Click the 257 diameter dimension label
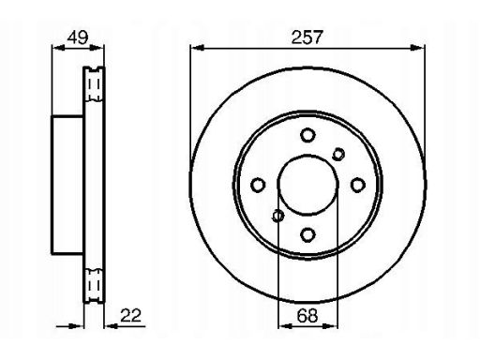click(x=307, y=37)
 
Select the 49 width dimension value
click(x=78, y=37)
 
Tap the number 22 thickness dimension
click(x=131, y=315)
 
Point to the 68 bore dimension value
click(x=307, y=315)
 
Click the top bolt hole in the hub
click(x=307, y=135)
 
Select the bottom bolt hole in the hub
click(x=307, y=234)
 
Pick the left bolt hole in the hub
click(x=258, y=185)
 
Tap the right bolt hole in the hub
click(x=358, y=185)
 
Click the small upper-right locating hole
click(x=338, y=154)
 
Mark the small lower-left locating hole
click(x=277, y=216)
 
